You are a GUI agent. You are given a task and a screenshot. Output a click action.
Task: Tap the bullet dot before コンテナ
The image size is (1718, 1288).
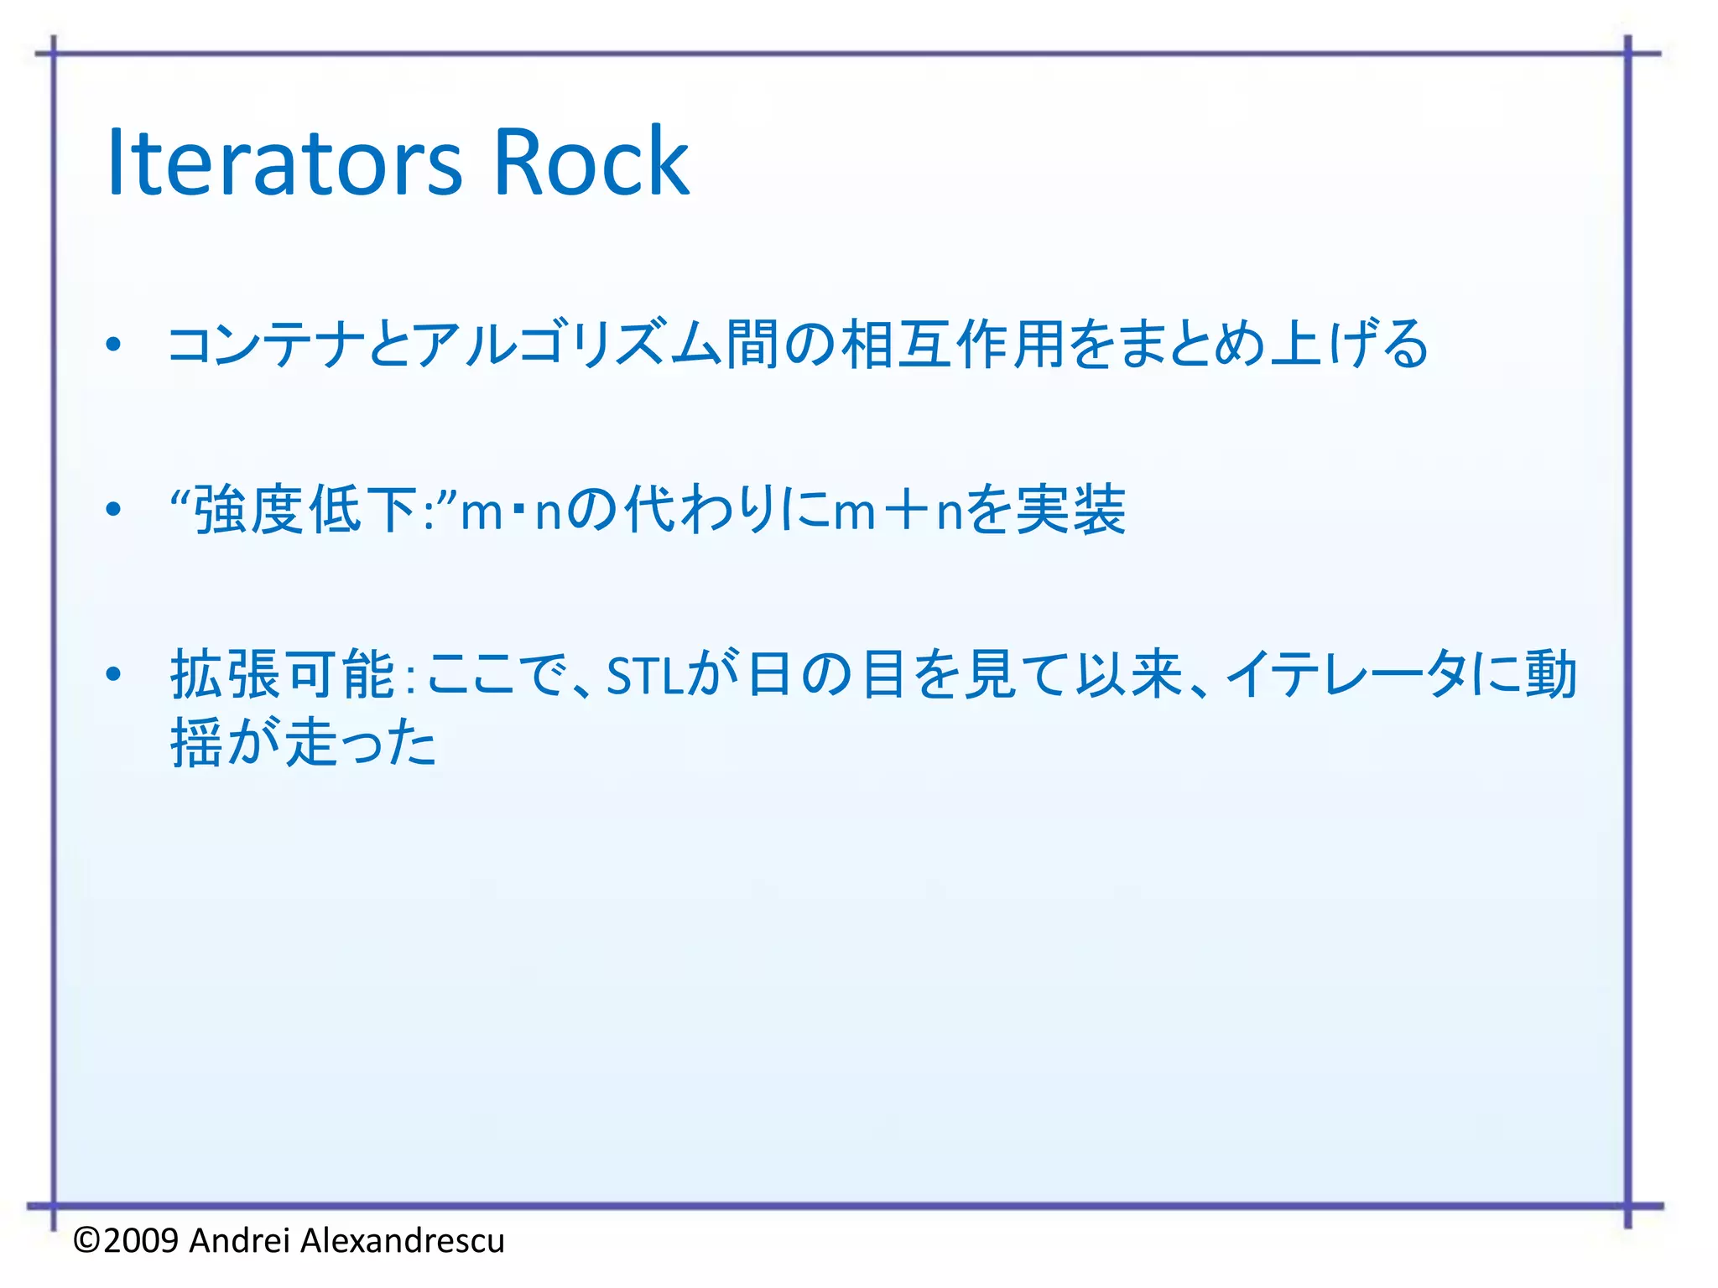tap(114, 344)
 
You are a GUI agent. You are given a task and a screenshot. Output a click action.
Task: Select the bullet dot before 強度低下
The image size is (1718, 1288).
tap(114, 509)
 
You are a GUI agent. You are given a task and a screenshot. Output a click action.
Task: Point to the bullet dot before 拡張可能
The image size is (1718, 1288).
tap(114, 673)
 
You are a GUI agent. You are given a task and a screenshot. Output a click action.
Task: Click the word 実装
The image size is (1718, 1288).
tap(1070, 510)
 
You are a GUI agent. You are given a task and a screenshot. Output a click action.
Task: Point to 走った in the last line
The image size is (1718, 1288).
tap(362, 743)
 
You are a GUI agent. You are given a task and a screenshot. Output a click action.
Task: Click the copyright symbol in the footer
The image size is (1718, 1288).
tap(87, 1240)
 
